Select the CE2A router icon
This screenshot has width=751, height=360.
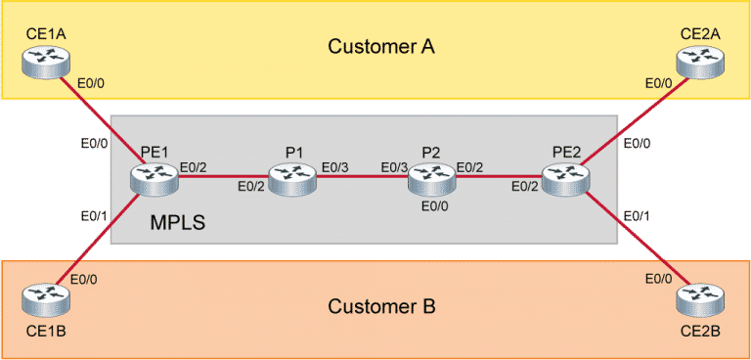tap(701, 64)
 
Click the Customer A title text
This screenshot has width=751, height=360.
tap(379, 46)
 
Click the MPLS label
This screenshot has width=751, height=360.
tap(179, 223)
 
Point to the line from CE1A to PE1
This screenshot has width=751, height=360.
tap(98, 120)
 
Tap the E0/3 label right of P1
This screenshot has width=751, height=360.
tap(335, 167)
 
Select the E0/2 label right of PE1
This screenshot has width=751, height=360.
tap(194, 167)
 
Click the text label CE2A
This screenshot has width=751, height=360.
tap(700, 34)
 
